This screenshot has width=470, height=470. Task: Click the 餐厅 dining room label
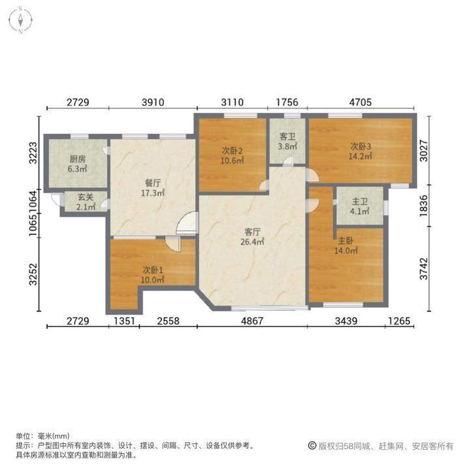(153, 188)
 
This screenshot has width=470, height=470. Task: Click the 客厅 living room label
(253, 236)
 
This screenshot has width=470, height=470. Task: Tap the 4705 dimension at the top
(360, 102)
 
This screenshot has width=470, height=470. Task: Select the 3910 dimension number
(153, 102)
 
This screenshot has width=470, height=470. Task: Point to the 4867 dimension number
(253, 321)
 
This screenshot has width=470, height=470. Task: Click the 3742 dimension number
(424, 267)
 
